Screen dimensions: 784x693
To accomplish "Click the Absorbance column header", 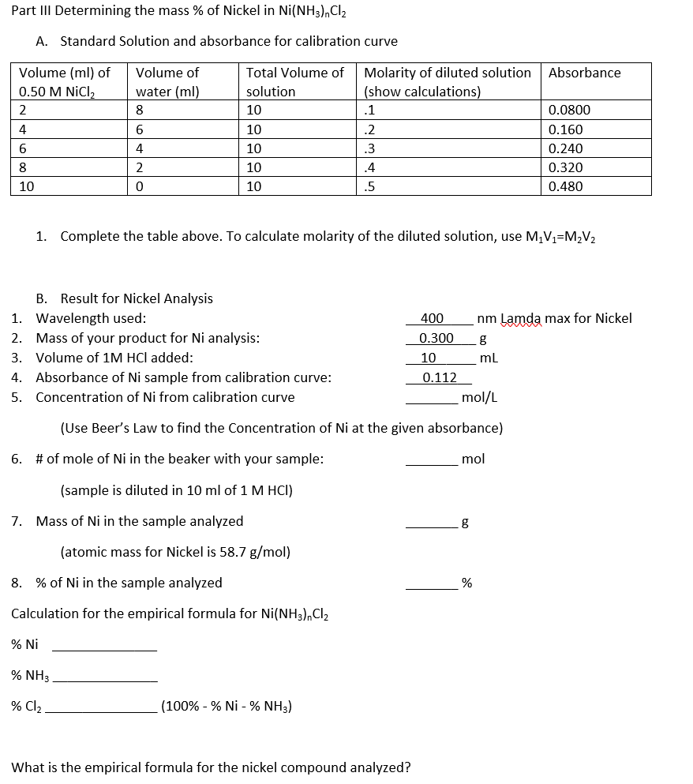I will click(584, 73).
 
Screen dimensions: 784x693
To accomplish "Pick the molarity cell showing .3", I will click(369, 148).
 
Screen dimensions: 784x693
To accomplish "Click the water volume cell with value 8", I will click(140, 111).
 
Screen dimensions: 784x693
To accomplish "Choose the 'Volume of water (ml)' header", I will click(167, 82).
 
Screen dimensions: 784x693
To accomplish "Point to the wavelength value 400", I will click(432, 319).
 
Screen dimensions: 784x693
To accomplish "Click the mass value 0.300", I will click(436, 338).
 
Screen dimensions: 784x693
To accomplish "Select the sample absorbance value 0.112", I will click(439, 377).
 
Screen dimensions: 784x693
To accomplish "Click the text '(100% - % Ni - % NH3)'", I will click(227, 706).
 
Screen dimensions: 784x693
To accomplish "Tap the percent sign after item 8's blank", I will click(466, 584).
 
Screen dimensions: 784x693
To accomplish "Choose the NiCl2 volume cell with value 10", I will click(26, 187).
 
